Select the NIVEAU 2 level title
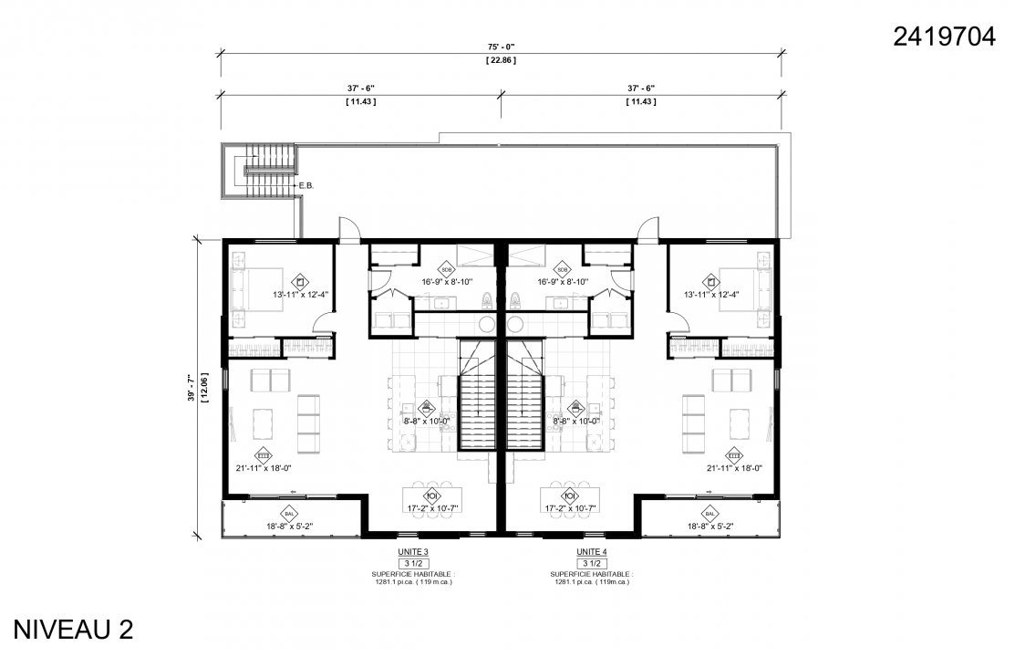pos(73,630)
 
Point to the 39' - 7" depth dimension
pos(191,388)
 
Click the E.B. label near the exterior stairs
pos(306,186)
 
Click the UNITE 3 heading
pos(412,553)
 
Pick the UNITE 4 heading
pos(591,553)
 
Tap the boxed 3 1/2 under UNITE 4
pos(591,564)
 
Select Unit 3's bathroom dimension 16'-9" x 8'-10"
pos(447,282)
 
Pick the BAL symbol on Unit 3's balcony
pos(287,513)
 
